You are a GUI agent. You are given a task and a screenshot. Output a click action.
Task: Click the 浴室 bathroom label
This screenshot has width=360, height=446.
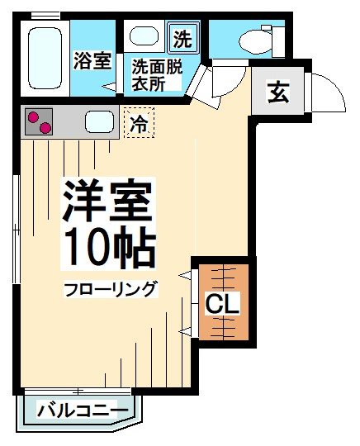pos(92,60)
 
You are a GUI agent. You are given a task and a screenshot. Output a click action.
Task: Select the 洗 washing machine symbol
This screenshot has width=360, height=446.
pos(182,37)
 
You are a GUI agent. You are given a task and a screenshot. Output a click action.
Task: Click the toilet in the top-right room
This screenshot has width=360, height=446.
pos(252,39)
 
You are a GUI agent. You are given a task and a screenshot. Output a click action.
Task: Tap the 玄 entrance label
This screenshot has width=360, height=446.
pos(278,93)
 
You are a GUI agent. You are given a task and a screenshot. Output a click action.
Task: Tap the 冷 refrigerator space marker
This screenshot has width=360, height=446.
pos(140,125)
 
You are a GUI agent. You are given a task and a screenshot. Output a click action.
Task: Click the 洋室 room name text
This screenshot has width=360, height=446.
pos(107,202)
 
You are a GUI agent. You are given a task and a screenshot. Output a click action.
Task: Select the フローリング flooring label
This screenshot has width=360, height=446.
pos(111,289)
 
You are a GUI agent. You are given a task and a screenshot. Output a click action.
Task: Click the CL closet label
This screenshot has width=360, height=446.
pos(223,304)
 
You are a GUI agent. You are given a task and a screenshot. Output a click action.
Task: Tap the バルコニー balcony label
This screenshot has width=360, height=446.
pos(83,410)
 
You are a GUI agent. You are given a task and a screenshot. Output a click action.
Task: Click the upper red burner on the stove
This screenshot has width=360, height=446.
pos(33,116)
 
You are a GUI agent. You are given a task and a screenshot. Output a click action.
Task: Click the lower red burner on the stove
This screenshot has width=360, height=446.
pos(45,127)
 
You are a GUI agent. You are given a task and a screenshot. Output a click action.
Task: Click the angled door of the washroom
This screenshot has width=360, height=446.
pos(198,83)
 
